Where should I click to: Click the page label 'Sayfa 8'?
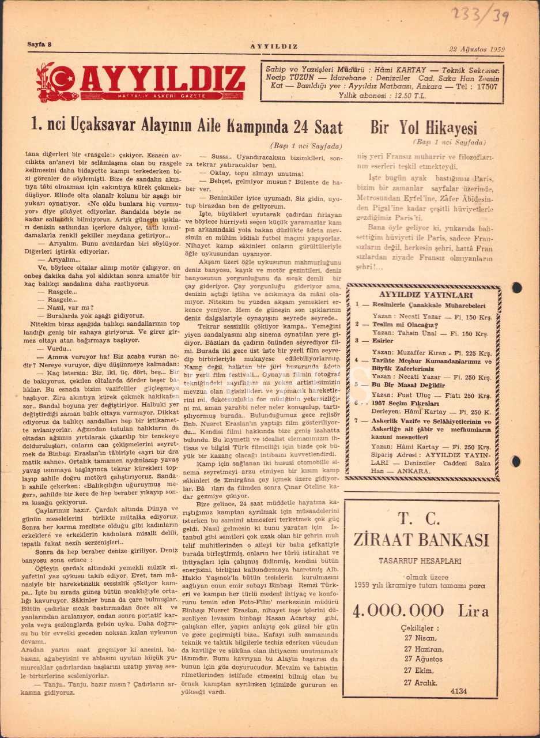40,44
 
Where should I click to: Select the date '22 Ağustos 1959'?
477,49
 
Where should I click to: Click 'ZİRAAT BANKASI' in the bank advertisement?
421,540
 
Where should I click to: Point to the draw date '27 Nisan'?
420,638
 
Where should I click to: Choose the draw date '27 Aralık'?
421,683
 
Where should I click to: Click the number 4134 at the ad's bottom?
459,691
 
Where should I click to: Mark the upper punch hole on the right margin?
517,288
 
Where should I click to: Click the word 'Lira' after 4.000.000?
473,612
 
